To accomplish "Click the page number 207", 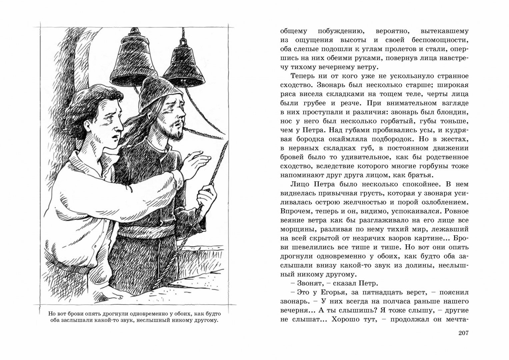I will (x=462, y=333).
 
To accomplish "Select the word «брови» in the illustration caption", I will (x=76, y=314).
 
